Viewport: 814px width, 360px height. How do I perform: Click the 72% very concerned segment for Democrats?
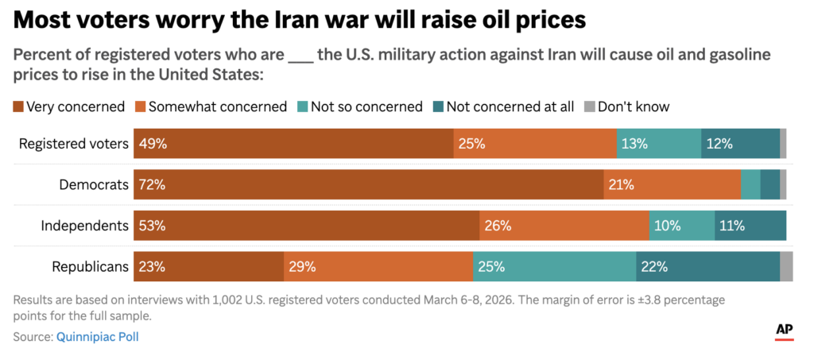click(x=368, y=184)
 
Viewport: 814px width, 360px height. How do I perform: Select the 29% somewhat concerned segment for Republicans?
click(x=378, y=267)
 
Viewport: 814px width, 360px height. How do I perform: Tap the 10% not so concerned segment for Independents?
click(x=682, y=226)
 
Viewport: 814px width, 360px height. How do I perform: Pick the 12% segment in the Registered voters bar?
click(x=740, y=144)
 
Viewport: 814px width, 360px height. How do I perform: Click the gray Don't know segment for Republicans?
click(x=786, y=267)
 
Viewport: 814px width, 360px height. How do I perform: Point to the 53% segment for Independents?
click(x=306, y=226)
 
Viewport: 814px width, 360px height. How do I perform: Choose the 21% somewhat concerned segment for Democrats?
click(x=672, y=184)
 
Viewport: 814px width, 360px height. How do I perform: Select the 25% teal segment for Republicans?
click(x=555, y=267)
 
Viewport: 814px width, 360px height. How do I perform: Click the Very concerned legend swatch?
click(x=18, y=106)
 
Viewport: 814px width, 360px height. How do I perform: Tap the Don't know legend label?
click(x=633, y=106)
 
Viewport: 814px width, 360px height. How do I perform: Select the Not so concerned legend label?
click(x=366, y=106)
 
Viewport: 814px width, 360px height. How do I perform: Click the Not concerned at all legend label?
click(x=510, y=106)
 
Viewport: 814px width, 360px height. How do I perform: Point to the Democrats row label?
click(x=94, y=184)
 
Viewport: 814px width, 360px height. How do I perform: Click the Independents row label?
click(x=85, y=226)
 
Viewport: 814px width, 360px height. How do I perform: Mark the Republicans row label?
click(x=90, y=267)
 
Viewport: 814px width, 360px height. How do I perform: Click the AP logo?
click(x=784, y=331)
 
